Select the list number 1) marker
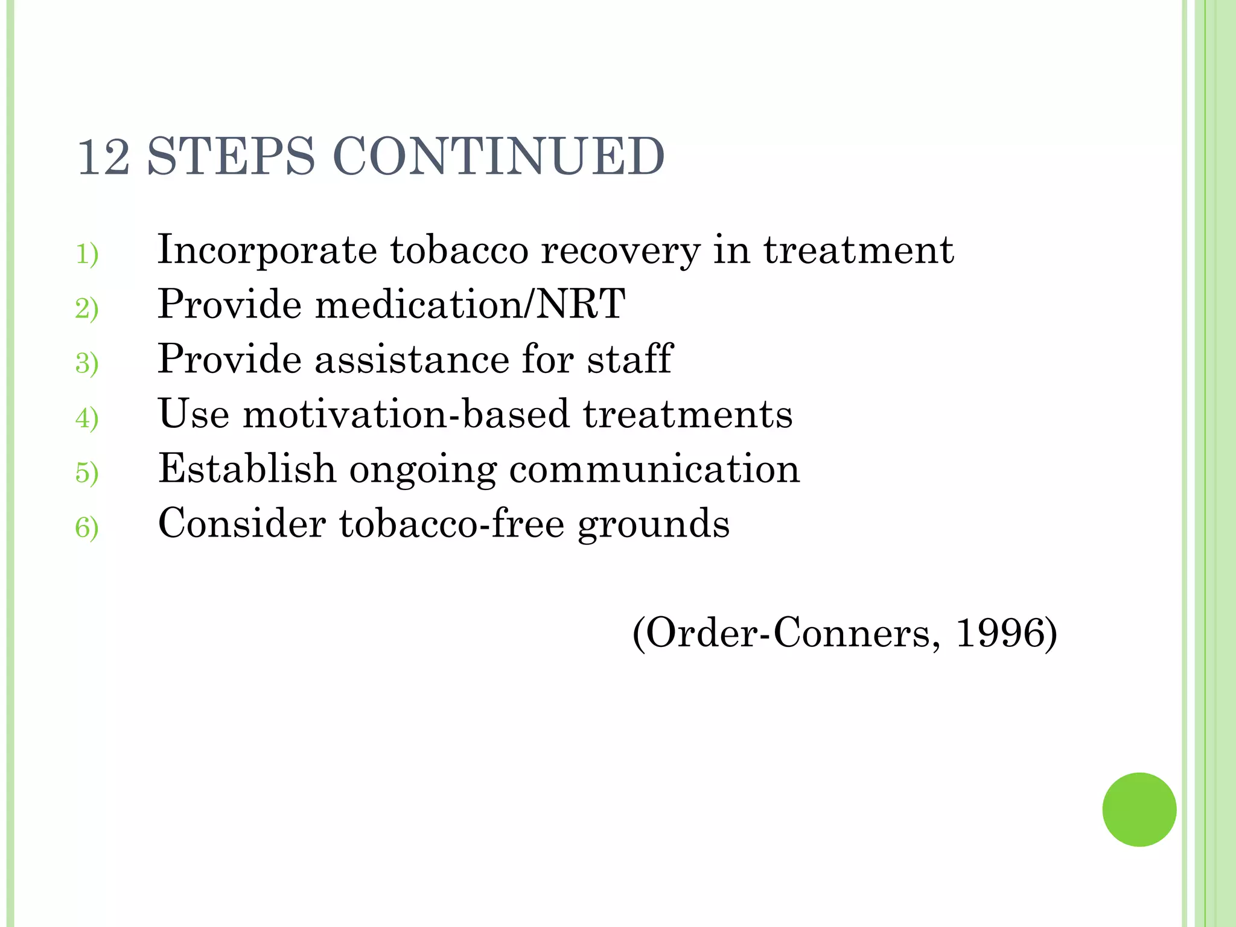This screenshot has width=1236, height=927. pos(87,254)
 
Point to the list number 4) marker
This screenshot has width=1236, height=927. pos(87,418)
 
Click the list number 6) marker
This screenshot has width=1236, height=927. pos(87,527)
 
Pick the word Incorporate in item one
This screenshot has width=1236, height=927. pos(267,250)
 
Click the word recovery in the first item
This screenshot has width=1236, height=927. pos(620,250)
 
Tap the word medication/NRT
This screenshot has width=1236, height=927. pos(470,304)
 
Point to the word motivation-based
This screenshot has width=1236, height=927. pos(406,414)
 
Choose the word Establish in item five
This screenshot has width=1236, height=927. pos(247,468)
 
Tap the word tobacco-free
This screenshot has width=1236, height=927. pos(451,523)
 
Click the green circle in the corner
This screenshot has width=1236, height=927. pos(1139,809)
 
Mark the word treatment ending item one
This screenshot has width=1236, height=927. pos(859,250)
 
